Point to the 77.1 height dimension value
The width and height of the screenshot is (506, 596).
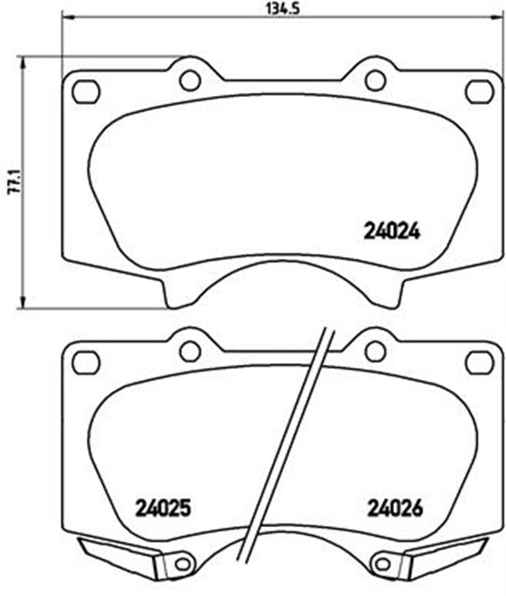tap(11, 181)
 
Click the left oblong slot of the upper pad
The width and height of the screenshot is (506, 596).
tap(85, 90)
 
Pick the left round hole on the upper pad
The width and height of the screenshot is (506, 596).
tap(189, 80)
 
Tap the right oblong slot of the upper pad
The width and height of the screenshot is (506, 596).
tap(479, 90)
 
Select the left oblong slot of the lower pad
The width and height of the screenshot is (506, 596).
tap(85, 360)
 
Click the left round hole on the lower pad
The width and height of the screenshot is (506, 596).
tap(189, 350)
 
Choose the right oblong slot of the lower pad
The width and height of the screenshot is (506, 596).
tap(479, 360)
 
